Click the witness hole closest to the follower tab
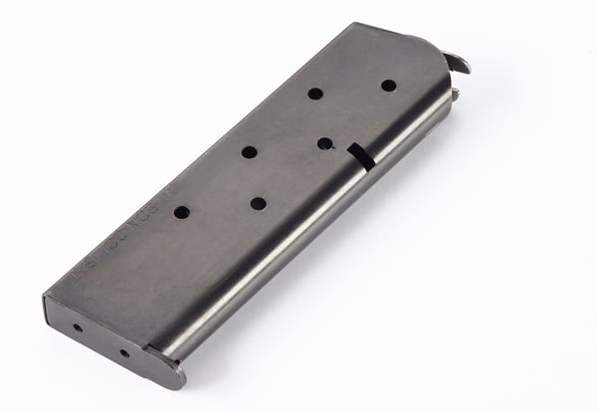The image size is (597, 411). point(388,86)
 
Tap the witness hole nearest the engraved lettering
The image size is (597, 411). point(181,212)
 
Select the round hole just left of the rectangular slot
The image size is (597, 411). point(324,143)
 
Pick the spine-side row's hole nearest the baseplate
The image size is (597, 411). point(258,203)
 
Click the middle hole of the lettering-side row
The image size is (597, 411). point(249,152)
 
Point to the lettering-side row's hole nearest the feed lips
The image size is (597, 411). point(314,94)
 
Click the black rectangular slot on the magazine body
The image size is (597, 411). point(359,156)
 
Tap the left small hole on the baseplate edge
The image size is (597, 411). point(78,327)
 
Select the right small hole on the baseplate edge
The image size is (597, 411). point(124,352)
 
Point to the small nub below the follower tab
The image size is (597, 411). point(456,96)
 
